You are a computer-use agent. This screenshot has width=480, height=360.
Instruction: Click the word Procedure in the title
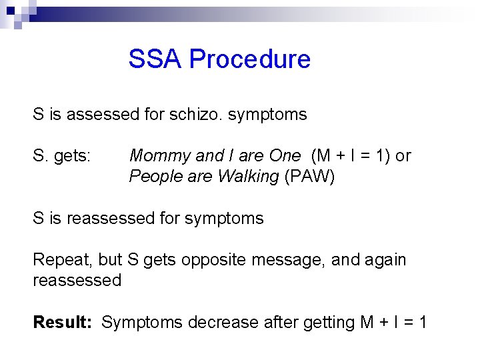point(250,59)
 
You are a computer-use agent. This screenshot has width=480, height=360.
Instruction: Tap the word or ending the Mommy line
point(403,156)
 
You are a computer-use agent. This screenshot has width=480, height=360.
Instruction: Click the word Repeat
point(58,259)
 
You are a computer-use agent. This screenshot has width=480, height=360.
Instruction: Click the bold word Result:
point(63,323)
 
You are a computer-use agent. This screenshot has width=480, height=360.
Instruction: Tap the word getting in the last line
point(329,323)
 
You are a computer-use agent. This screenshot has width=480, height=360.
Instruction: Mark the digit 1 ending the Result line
point(421,323)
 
